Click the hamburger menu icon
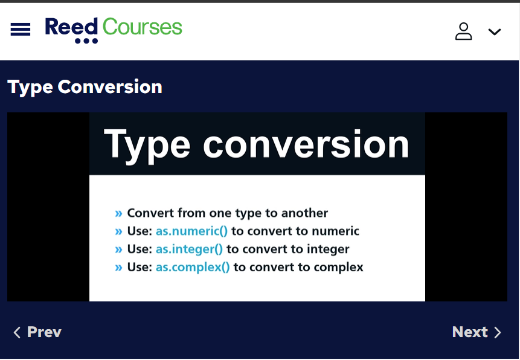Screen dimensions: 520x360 pyautogui.click(x=21, y=29)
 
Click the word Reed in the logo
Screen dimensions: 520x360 pyautogui.click(x=71, y=27)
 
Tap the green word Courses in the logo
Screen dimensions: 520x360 pyautogui.click(x=143, y=27)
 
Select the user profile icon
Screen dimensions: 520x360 pyautogui.click(x=463, y=31)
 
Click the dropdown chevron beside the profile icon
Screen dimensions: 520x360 pyautogui.click(x=495, y=32)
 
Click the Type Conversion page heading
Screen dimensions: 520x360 pyautogui.click(x=85, y=87)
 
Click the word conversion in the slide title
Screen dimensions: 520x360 pyautogui.click(x=306, y=144)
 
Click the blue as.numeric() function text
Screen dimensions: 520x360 pyautogui.click(x=191, y=231)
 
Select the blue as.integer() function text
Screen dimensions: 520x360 pyautogui.click(x=189, y=249)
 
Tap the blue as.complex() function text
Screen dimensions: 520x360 pyautogui.click(x=193, y=267)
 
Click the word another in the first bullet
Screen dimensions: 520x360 pyautogui.click(x=304, y=213)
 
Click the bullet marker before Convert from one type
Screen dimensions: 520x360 pyautogui.click(x=118, y=213)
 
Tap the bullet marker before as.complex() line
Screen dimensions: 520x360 pyautogui.click(x=118, y=268)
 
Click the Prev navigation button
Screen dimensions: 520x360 pyautogui.click(x=37, y=332)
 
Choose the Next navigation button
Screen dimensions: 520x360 pyautogui.click(x=477, y=332)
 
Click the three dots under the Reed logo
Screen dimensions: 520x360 pyautogui.click(x=86, y=41)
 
